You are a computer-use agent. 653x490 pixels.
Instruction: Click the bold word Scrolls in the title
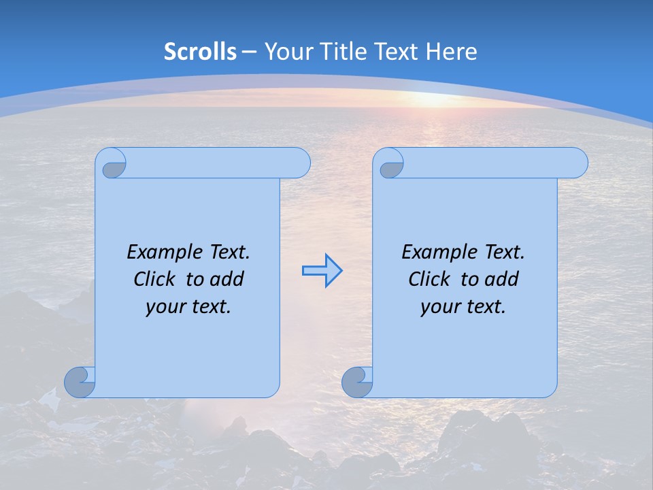click(x=200, y=52)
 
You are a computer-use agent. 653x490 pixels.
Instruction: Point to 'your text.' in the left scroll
click(x=188, y=306)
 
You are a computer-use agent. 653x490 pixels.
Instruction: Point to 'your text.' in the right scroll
click(x=463, y=306)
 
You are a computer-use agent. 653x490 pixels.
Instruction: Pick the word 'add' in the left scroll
click(x=228, y=279)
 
